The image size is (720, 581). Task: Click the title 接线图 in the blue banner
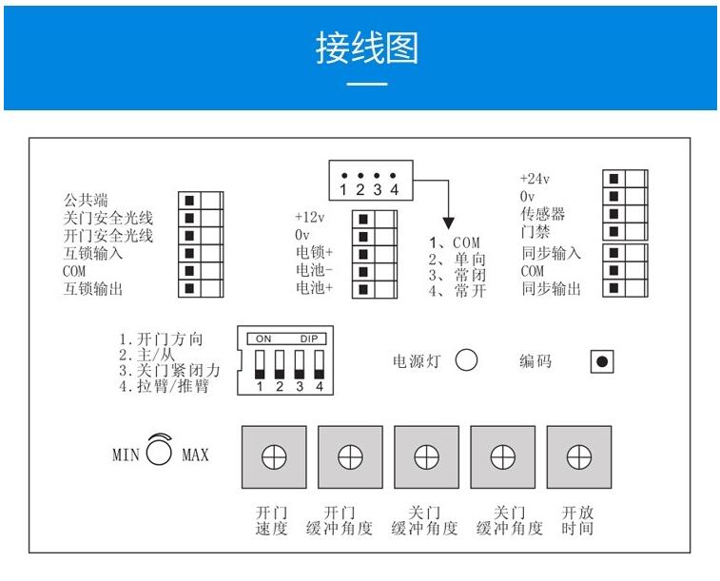pyautogui.click(x=366, y=48)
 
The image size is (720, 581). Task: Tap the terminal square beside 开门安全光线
pyautogui.click(x=190, y=237)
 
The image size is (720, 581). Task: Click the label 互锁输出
pyautogui.click(x=93, y=289)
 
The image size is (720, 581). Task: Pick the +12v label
pyautogui.click(x=310, y=217)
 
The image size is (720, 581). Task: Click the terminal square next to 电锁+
pyautogui.click(x=363, y=253)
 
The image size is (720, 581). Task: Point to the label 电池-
pyautogui.click(x=315, y=270)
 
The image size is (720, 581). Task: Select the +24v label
pyautogui.click(x=535, y=178)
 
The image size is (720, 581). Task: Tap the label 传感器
pyautogui.click(x=542, y=213)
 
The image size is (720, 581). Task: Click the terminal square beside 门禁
pyautogui.click(x=614, y=231)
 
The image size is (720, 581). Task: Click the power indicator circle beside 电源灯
pyautogui.click(x=466, y=361)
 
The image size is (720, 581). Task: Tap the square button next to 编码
pyautogui.click(x=602, y=361)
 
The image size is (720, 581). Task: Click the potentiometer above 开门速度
pyautogui.click(x=274, y=457)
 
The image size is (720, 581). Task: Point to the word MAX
pyautogui.click(x=195, y=455)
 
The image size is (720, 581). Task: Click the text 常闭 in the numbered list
pyautogui.click(x=469, y=275)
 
